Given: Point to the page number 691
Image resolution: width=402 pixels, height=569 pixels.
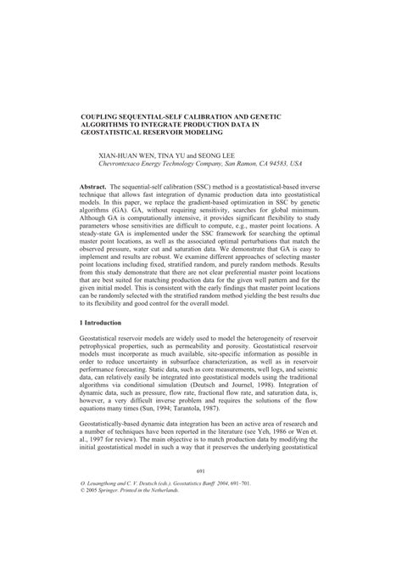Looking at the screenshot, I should coord(201,518).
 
